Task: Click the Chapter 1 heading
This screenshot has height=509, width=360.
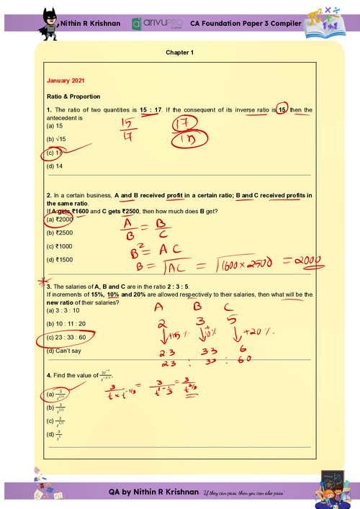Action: (180, 53)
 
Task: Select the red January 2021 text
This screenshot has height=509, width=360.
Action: (65, 81)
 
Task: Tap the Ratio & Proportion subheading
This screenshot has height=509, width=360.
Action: (73, 96)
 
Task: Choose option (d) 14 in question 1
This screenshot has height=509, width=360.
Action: (53, 166)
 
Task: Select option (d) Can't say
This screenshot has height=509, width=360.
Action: (63, 351)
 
